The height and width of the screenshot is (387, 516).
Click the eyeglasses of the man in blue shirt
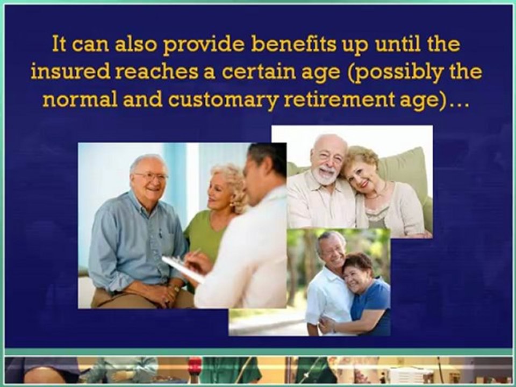151,176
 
